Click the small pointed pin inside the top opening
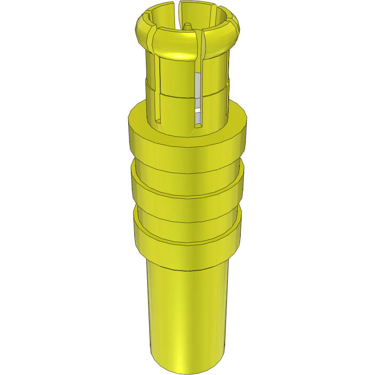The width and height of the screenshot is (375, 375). (187, 26)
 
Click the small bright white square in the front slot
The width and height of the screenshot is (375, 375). (198, 117)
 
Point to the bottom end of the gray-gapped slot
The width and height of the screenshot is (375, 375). (197, 127)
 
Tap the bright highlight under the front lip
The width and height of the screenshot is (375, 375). (178, 57)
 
